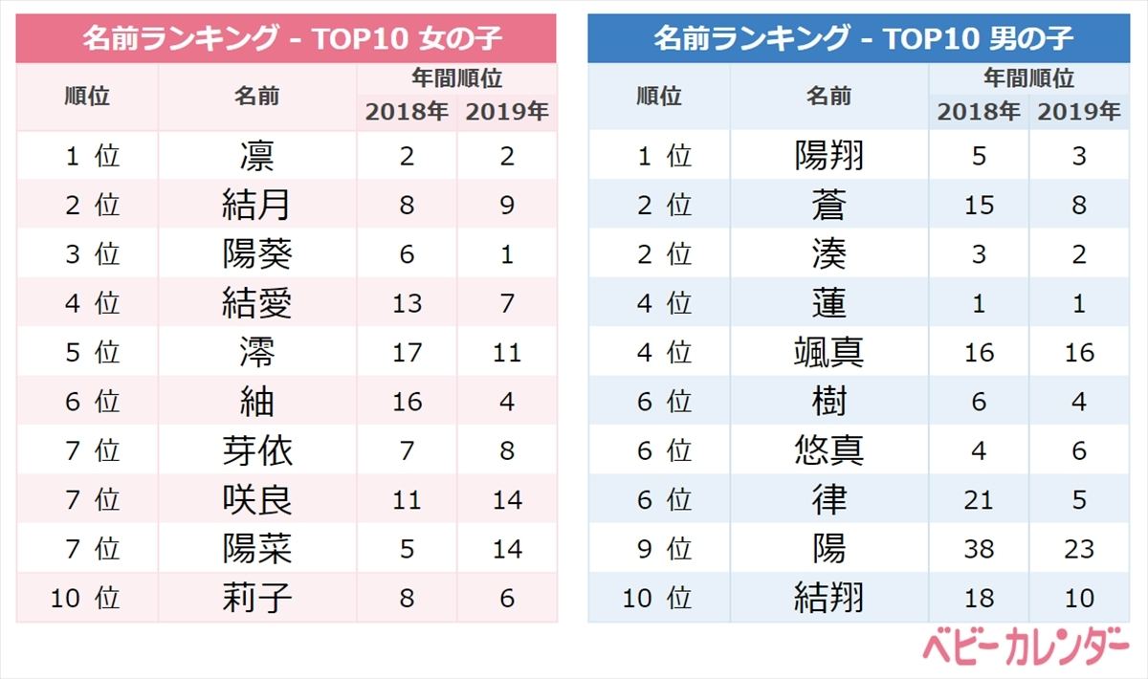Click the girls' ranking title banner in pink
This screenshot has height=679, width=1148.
[x=286, y=39]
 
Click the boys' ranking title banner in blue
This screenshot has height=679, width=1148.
[x=858, y=39]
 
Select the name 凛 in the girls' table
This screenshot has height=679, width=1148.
[x=256, y=156]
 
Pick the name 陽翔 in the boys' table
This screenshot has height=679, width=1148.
[x=828, y=156]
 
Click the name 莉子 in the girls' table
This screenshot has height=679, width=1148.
[x=256, y=599]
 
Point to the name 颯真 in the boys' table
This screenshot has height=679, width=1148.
[x=828, y=353]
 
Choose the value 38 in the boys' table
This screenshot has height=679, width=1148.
[x=978, y=550]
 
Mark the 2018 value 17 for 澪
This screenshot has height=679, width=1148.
[x=407, y=353]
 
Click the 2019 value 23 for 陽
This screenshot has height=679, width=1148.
[x=1079, y=550]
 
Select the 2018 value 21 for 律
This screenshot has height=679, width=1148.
[x=978, y=500]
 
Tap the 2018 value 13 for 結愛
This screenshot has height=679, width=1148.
[x=407, y=303]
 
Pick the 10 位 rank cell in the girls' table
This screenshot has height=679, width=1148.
[x=86, y=599]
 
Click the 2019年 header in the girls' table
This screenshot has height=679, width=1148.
[x=507, y=112]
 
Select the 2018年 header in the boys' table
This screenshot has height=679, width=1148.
[x=978, y=112]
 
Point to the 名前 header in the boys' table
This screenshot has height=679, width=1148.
[x=828, y=96]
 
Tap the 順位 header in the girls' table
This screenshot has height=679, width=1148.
[x=87, y=96]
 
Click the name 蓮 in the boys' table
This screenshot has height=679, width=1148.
[x=828, y=303]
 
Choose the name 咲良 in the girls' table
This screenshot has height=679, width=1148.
[x=256, y=500]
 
